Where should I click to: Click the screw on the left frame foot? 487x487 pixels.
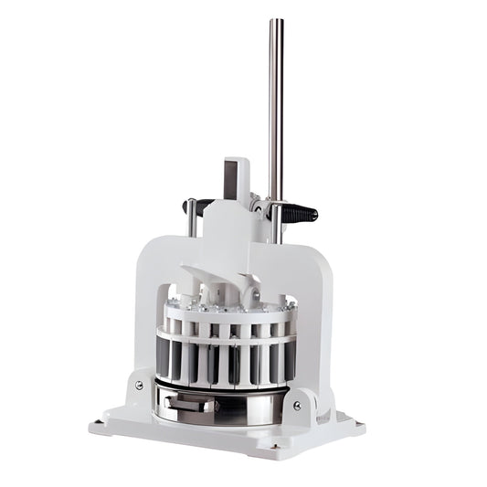(x=139, y=385)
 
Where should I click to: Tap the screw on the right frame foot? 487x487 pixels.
(x=297, y=403)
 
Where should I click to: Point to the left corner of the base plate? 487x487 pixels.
(x=94, y=426)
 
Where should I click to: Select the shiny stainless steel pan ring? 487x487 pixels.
(x=228, y=402)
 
